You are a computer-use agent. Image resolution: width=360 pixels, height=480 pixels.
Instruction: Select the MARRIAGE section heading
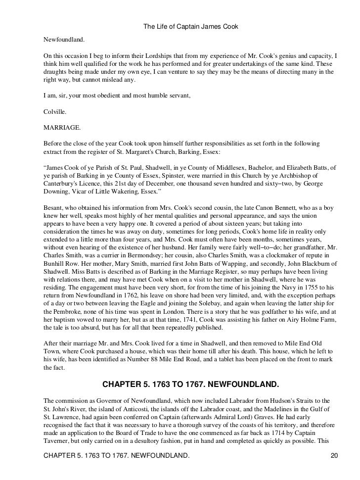click(62, 127)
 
